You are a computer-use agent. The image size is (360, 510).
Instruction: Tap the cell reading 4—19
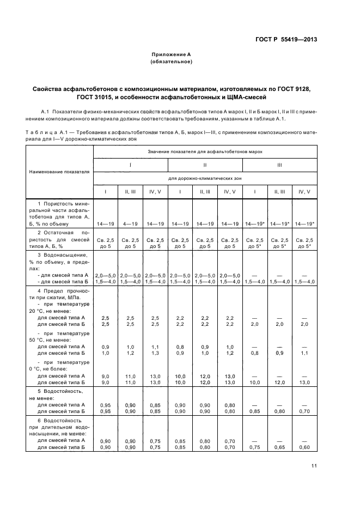pos(130,223)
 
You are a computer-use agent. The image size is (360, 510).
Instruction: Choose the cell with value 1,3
pos(155,353)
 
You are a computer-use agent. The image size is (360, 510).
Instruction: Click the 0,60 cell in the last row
pos(304,447)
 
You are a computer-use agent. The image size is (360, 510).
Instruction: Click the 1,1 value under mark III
pos(304,353)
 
